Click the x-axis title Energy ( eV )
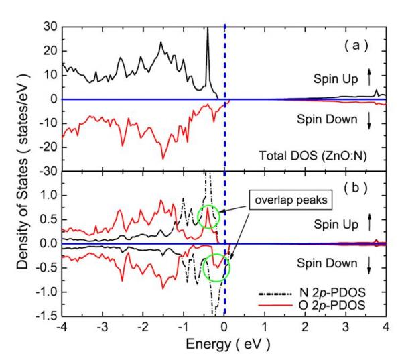click(x=224, y=347)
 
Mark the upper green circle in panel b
click(x=208, y=217)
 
